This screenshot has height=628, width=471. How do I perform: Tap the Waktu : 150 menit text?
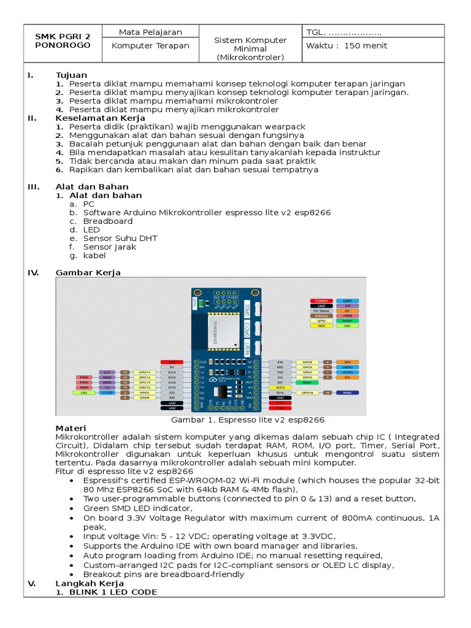(x=348, y=45)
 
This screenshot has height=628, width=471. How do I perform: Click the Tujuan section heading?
(x=71, y=75)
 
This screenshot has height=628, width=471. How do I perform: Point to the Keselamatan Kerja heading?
(x=100, y=118)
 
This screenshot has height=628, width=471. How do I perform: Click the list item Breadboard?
(x=108, y=221)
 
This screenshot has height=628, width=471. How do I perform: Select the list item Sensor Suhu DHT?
(x=120, y=238)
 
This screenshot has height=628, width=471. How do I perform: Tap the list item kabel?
(x=94, y=255)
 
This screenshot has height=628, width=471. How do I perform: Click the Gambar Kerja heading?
(x=88, y=272)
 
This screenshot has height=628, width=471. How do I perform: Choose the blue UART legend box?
(x=347, y=301)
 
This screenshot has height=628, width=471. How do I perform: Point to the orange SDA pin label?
(x=347, y=362)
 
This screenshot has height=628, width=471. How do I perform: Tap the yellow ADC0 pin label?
(x=280, y=388)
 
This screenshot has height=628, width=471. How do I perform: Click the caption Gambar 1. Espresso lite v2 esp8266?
(x=247, y=420)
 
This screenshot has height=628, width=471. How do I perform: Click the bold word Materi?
(x=71, y=428)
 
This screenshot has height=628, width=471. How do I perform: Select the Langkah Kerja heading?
(x=90, y=583)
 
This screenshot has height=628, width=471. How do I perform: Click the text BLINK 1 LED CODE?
(x=113, y=592)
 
